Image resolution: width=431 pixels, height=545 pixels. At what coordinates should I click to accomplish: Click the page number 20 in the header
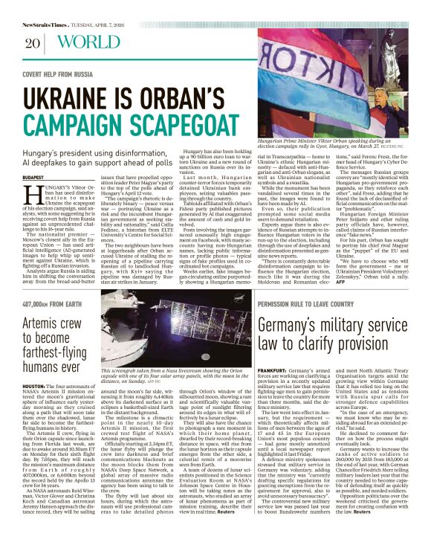32,43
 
